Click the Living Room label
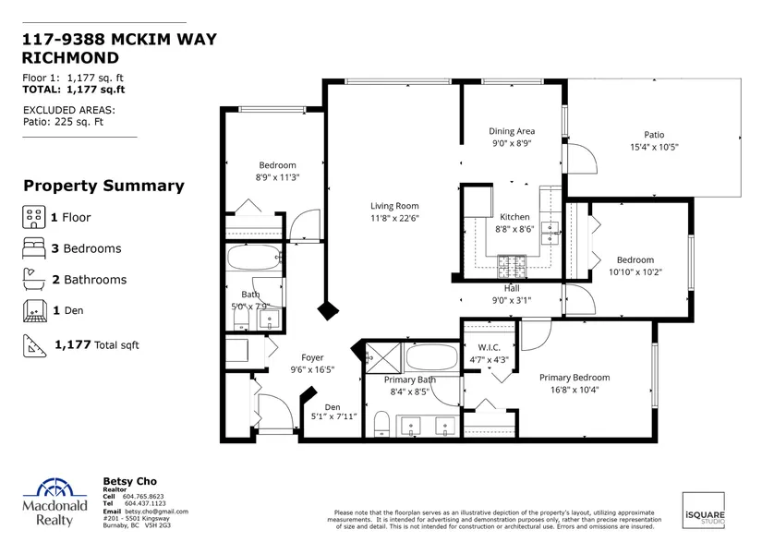pyautogui.click(x=394, y=206)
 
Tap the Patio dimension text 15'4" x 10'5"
pyautogui.click(x=654, y=147)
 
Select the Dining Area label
pyautogui.click(x=512, y=131)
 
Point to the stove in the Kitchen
pyautogui.click(x=512, y=266)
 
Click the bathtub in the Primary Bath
pyautogui.click(x=431, y=357)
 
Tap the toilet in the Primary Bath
pyautogui.click(x=382, y=424)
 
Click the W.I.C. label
pyautogui.click(x=489, y=347)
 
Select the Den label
pyautogui.click(x=333, y=407)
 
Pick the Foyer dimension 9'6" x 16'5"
pyautogui.click(x=312, y=370)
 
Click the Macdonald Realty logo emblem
pyautogui.click(x=55, y=488)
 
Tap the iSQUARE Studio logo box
pyautogui.click(x=704, y=511)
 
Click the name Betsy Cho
pyautogui.click(x=129, y=481)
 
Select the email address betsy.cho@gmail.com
pyautogui.click(x=156, y=512)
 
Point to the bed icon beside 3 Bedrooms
pyautogui.click(x=34, y=248)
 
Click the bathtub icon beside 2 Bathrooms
pyautogui.click(x=34, y=280)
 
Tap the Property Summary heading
pyautogui.click(x=104, y=186)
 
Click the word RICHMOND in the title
pyautogui.click(x=70, y=58)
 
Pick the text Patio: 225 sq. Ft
pyautogui.click(x=63, y=122)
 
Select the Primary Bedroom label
pyautogui.click(x=575, y=378)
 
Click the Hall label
pyautogui.click(x=512, y=289)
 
